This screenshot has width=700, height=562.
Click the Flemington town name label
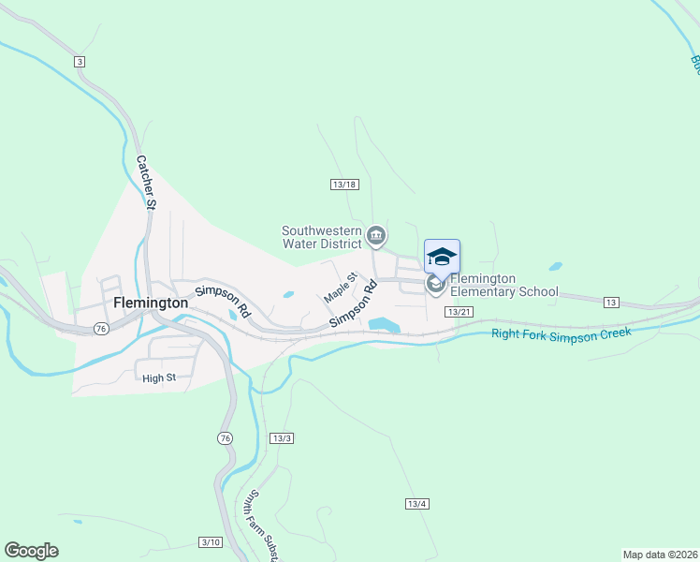coord(151,303)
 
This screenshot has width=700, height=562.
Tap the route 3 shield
coord(80,61)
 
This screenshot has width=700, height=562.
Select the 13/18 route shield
coord(344,184)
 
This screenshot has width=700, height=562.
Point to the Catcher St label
coord(146,181)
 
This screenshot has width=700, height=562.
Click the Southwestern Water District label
coord(322,238)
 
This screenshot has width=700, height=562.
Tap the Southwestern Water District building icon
coord(376,235)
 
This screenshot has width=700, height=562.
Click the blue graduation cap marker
coord(442,257)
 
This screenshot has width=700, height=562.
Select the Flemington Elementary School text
coord(504,285)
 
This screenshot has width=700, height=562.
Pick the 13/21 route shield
coord(458,311)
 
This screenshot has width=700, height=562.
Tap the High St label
coord(159,377)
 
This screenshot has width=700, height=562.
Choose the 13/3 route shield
coord(282,437)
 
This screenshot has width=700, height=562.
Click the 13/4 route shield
coord(417,504)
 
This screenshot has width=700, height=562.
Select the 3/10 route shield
coord(211,542)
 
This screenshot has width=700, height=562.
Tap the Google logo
coord(31,551)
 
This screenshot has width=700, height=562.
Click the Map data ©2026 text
coord(660,554)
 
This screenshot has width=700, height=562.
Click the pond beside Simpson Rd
coord(385,324)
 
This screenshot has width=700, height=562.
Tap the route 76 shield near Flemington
coord(101,329)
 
